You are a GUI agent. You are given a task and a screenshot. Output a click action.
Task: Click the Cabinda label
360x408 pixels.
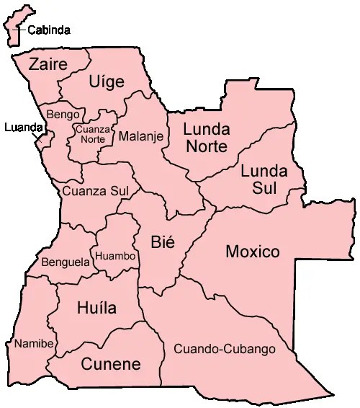tap(49, 30)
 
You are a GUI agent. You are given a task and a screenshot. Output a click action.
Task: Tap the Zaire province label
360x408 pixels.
tap(48, 64)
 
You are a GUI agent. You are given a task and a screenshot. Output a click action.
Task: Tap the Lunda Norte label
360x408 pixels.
tap(207, 138)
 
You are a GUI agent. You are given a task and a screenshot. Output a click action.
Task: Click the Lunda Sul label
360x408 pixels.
tap(264, 179)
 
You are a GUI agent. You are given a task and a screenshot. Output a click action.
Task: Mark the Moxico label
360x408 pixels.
tap(252, 252)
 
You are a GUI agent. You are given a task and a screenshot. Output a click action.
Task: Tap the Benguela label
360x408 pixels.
tap(66, 262)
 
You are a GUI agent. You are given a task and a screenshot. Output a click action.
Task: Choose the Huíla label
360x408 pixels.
tap(96, 309)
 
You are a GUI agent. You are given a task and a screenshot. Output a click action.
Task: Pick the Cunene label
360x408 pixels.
tap(110, 364)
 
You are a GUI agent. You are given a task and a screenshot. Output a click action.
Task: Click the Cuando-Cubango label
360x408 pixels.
tap(225, 349)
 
